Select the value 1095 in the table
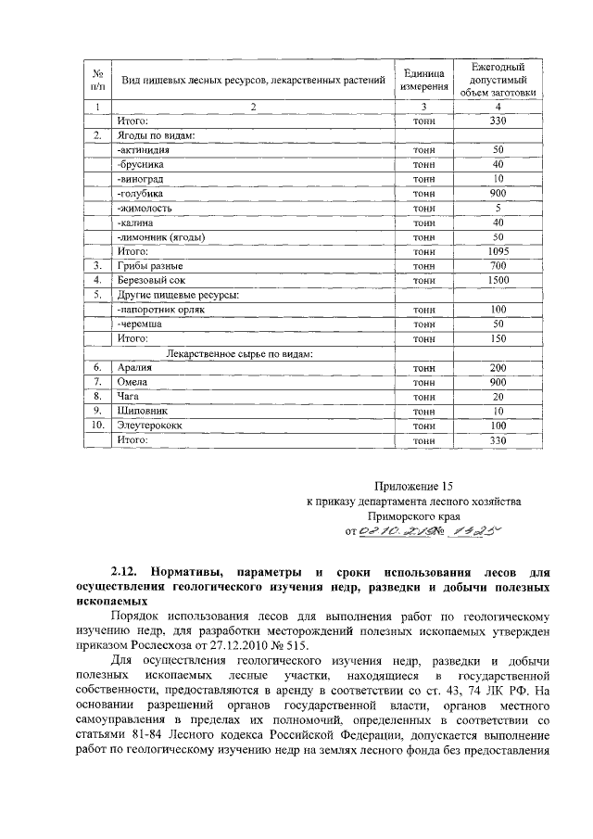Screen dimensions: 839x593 (498, 250)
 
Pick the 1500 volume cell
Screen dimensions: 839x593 (498, 279)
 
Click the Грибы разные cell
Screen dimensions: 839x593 (147, 265)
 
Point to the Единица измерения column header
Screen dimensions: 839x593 (423, 80)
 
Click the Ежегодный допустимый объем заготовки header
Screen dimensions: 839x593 (498, 80)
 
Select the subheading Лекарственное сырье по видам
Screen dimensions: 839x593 (239, 353)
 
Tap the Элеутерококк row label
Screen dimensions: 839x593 (150, 425)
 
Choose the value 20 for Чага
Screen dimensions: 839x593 (498, 396)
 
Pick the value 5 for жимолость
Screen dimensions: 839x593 (498, 208)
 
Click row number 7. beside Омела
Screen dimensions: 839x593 (96, 382)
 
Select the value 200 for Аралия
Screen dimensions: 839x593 (498, 368)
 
